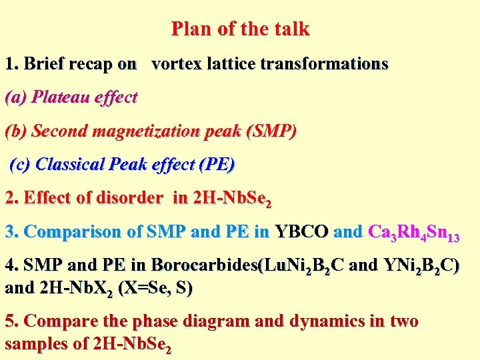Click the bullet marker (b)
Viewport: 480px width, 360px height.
(16, 131)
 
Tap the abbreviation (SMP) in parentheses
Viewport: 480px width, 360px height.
(271, 131)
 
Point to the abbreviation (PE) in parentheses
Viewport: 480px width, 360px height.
(217, 164)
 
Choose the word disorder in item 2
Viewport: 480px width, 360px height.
(129, 198)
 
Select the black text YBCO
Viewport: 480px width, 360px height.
(301, 232)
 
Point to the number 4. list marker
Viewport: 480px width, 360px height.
(11, 265)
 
